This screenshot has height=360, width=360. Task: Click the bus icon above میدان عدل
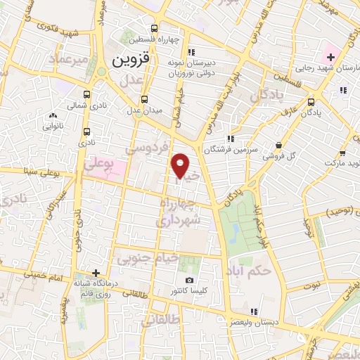click(x=145, y=99)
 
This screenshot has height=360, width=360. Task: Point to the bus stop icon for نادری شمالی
click(x=86, y=94)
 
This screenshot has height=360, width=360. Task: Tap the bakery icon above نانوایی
click(x=54, y=115)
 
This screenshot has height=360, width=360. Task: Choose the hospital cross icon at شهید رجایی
click(x=330, y=56)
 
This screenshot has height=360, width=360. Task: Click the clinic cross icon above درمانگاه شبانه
click(x=96, y=272)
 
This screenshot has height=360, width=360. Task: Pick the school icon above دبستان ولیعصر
click(x=255, y=311)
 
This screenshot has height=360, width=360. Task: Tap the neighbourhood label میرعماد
click(x=68, y=58)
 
